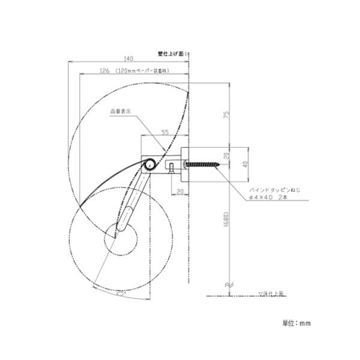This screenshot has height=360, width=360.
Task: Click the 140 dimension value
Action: pyautogui.click(x=128, y=58)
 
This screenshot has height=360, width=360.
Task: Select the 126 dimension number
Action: pyautogui.click(x=103, y=71)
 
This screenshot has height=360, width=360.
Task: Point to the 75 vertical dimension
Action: pyautogui.click(x=226, y=115)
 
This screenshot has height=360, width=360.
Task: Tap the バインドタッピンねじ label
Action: pyautogui.click(x=273, y=189)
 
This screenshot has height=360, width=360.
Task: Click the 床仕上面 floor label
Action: pyautogui.click(x=274, y=293)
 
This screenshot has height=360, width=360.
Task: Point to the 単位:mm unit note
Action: pyautogui.click(x=296, y=323)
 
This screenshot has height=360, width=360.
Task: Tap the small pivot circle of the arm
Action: pyautogui.click(x=149, y=163)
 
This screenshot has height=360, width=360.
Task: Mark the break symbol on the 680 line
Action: pyautogui.click(x=228, y=284)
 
